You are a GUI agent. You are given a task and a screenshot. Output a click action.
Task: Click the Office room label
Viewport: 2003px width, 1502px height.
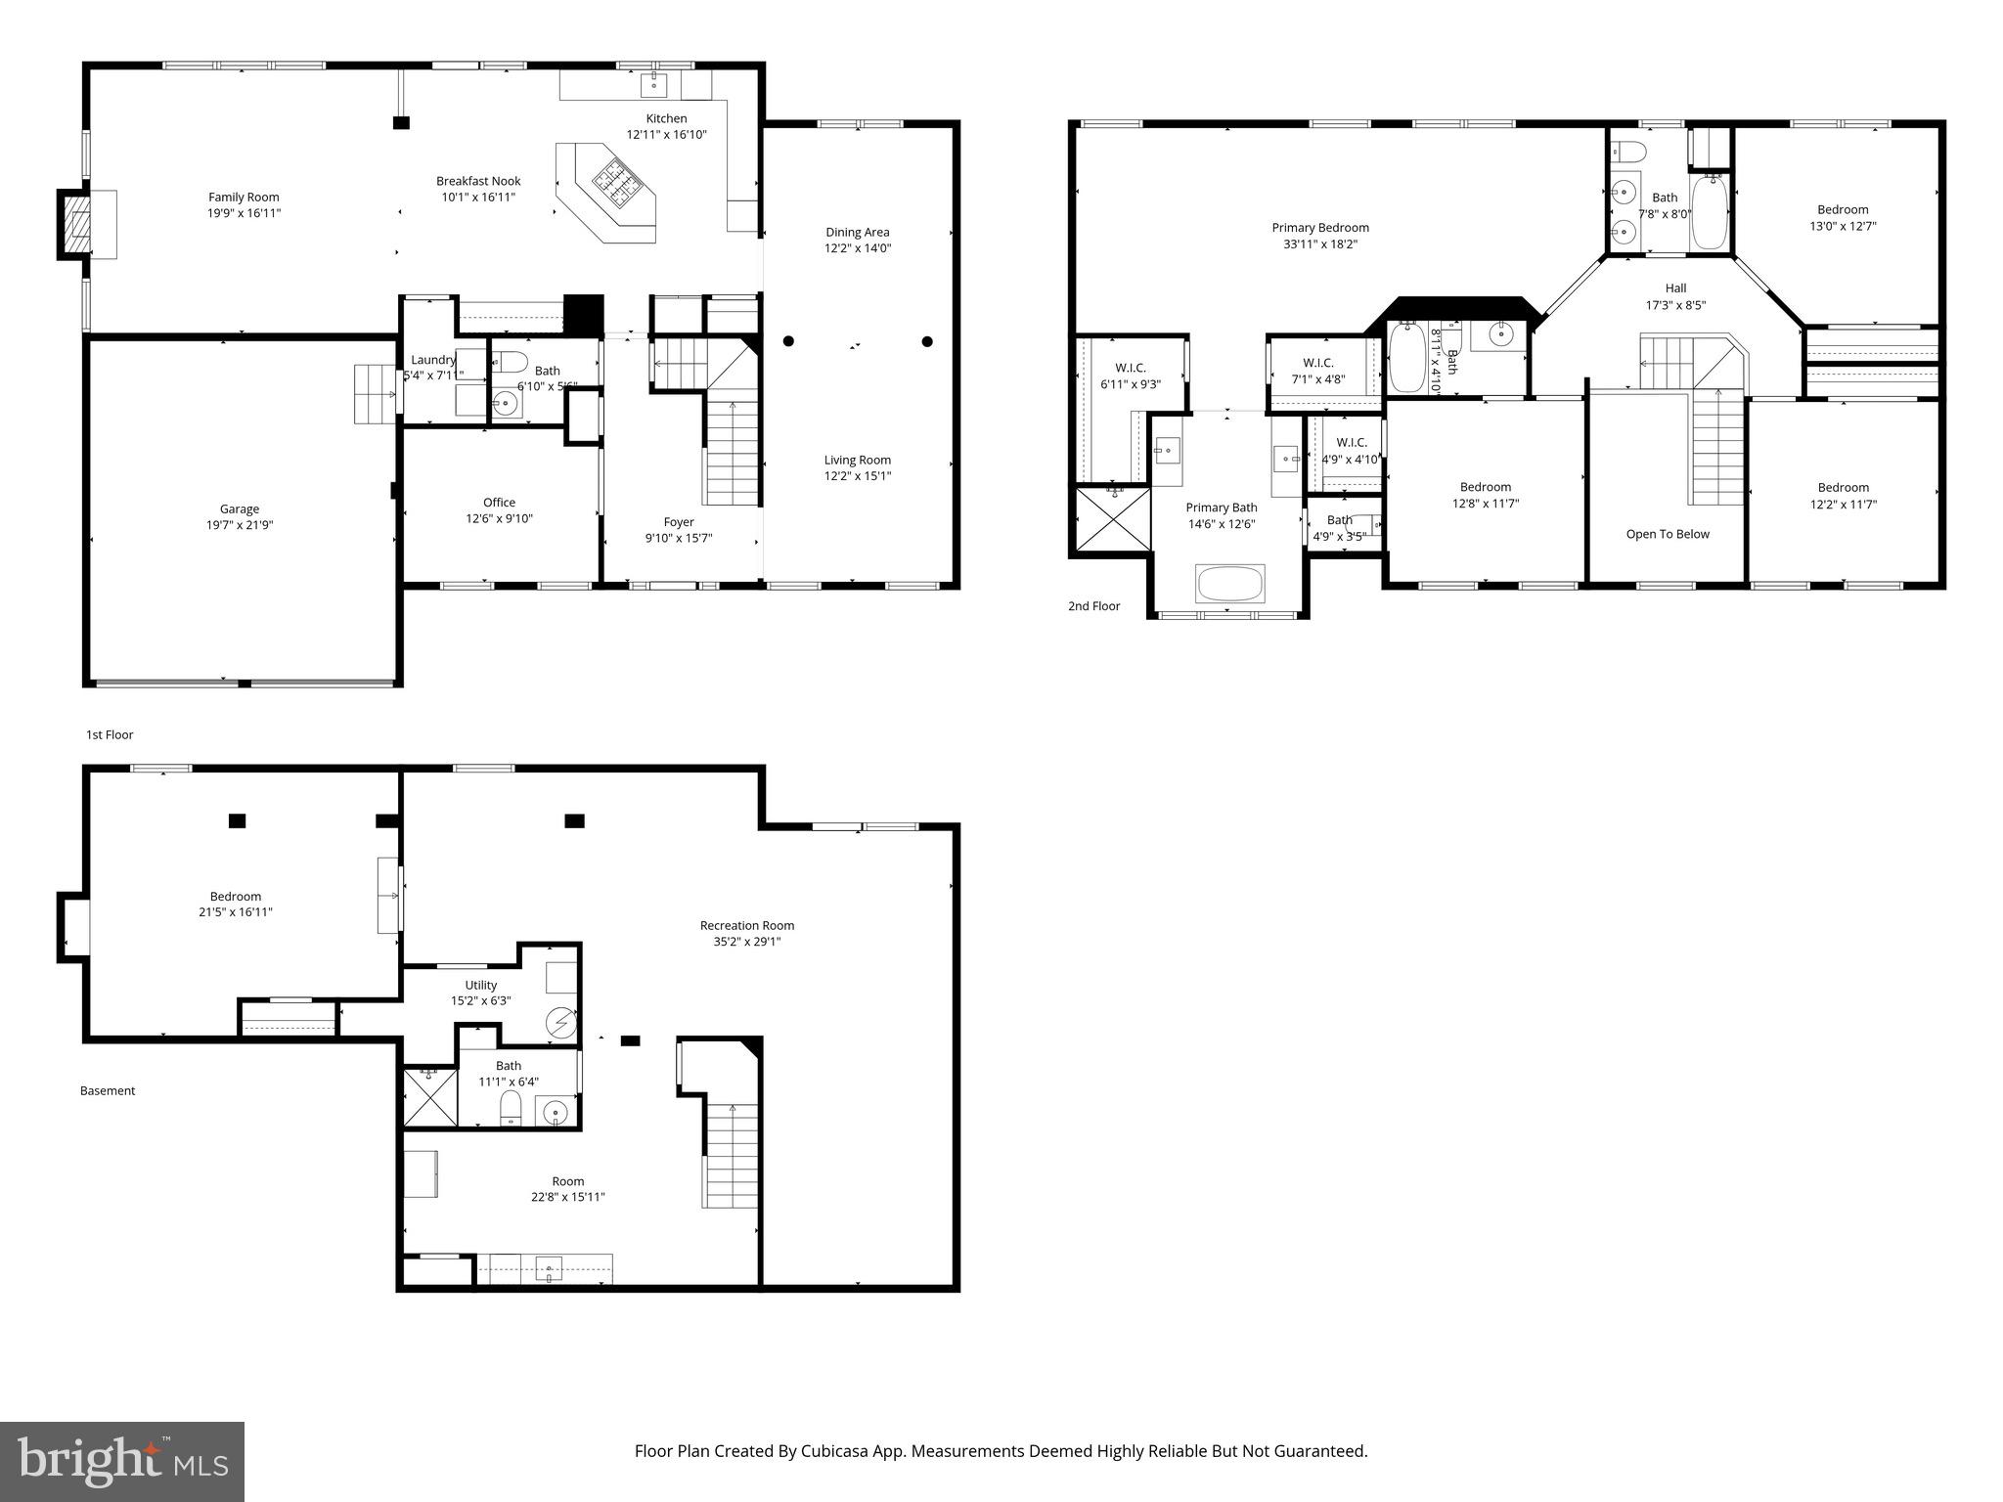(x=499, y=503)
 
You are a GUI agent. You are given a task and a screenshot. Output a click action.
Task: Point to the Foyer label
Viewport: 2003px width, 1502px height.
(x=678, y=522)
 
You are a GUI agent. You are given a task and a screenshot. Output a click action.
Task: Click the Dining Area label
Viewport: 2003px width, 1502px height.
(x=857, y=232)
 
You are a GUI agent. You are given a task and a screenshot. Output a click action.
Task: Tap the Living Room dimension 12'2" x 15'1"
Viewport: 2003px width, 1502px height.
(x=857, y=476)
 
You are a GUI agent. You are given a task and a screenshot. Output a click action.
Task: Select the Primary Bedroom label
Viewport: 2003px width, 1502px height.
(x=1319, y=228)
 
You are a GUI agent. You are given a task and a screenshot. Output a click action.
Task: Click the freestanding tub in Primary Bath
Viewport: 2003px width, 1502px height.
(x=1230, y=584)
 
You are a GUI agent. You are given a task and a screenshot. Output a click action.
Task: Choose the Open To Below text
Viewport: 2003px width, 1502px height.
(x=1667, y=534)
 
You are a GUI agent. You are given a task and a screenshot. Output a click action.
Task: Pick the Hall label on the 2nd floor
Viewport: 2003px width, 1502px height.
(x=1675, y=288)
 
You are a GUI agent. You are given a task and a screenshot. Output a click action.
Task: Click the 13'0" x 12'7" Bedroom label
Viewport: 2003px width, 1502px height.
(x=1842, y=209)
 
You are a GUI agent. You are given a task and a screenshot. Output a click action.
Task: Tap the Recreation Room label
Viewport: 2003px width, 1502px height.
(x=746, y=925)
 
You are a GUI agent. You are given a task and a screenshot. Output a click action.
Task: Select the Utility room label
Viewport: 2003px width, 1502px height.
(x=480, y=985)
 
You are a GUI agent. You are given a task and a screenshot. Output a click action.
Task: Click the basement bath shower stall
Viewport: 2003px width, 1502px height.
(x=430, y=1097)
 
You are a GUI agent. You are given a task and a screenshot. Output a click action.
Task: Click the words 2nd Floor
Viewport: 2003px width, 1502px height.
(x=1093, y=606)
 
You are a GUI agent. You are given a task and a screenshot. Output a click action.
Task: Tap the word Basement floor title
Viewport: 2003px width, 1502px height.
(x=108, y=1090)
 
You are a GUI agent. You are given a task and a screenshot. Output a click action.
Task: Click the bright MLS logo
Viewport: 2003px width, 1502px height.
(x=122, y=1461)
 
